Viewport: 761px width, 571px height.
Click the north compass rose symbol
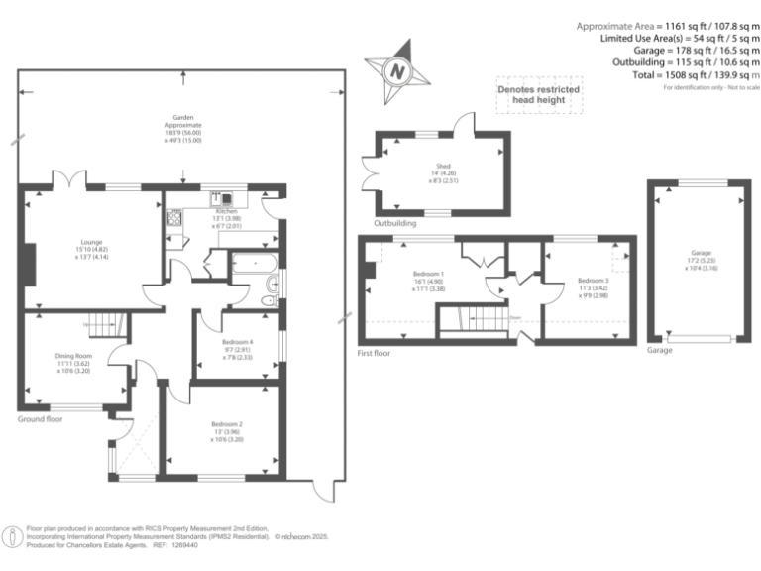point(397,70)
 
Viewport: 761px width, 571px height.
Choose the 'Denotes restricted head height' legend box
point(538,96)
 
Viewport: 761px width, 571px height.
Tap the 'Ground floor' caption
point(41,419)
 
